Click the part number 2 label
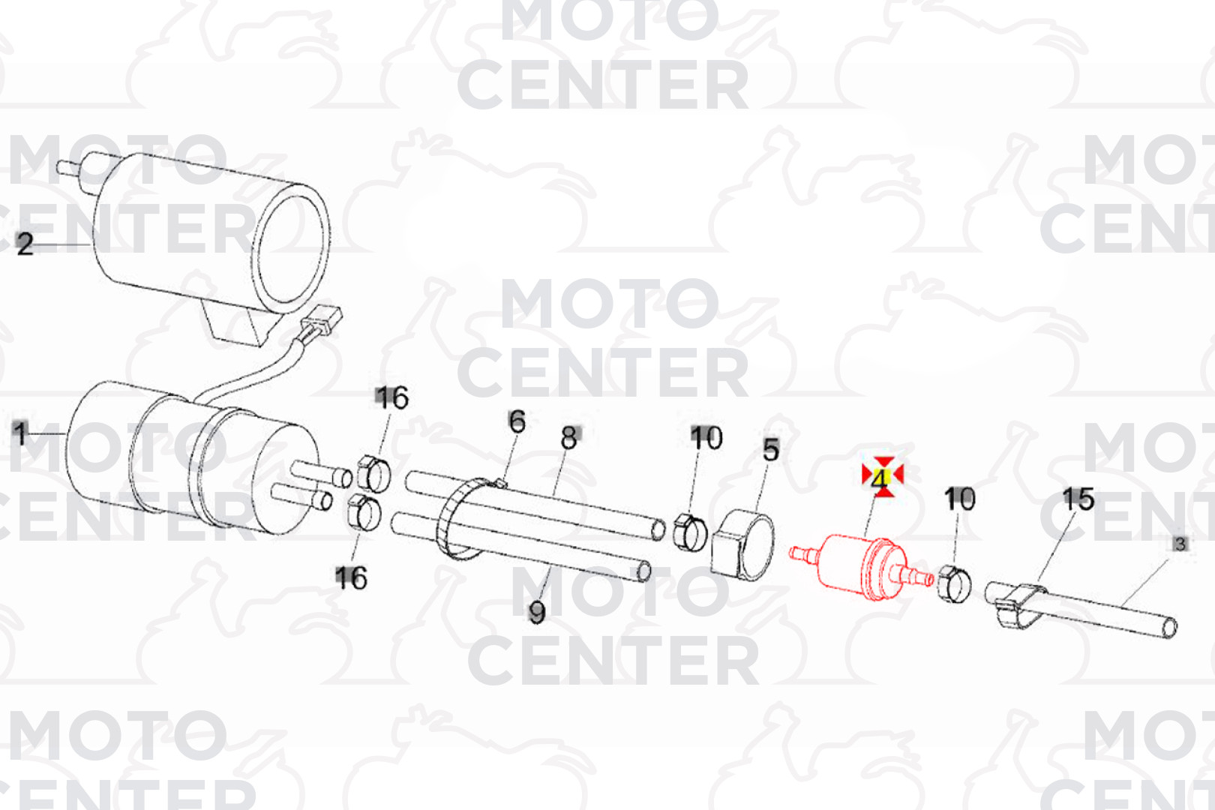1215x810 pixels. pyautogui.click(x=25, y=244)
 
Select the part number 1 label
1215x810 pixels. pyautogui.click(x=20, y=433)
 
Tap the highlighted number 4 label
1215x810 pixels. pyautogui.click(x=880, y=478)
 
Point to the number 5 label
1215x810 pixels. pyautogui.click(x=771, y=450)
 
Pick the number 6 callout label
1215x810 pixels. pyautogui.click(x=517, y=421)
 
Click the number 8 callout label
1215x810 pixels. pyautogui.click(x=569, y=437)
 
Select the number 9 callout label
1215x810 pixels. pyautogui.click(x=536, y=612)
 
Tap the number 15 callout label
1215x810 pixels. pyautogui.click(x=1078, y=499)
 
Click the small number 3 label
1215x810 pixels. pyautogui.click(x=1180, y=544)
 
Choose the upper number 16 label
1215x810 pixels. pyautogui.click(x=391, y=397)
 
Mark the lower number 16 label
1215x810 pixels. pyautogui.click(x=351, y=577)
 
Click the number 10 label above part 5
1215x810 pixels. pyautogui.click(x=706, y=438)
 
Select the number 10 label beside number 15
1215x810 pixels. pyautogui.click(x=959, y=499)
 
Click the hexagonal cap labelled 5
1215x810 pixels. pyautogui.click(x=742, y=544)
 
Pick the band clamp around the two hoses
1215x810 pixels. pyautogui.click(x=461, y=519)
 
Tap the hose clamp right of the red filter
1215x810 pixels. pyautogui.click(x=953, y=584)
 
